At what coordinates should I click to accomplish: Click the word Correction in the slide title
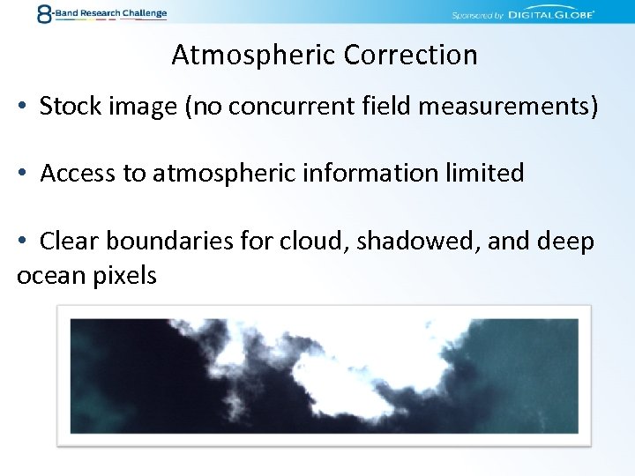tap(410, 56)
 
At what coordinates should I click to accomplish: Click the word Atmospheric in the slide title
tap(254, 56)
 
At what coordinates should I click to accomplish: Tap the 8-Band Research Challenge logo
tap(101, 13)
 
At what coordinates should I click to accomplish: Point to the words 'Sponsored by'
tap(476, 15)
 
